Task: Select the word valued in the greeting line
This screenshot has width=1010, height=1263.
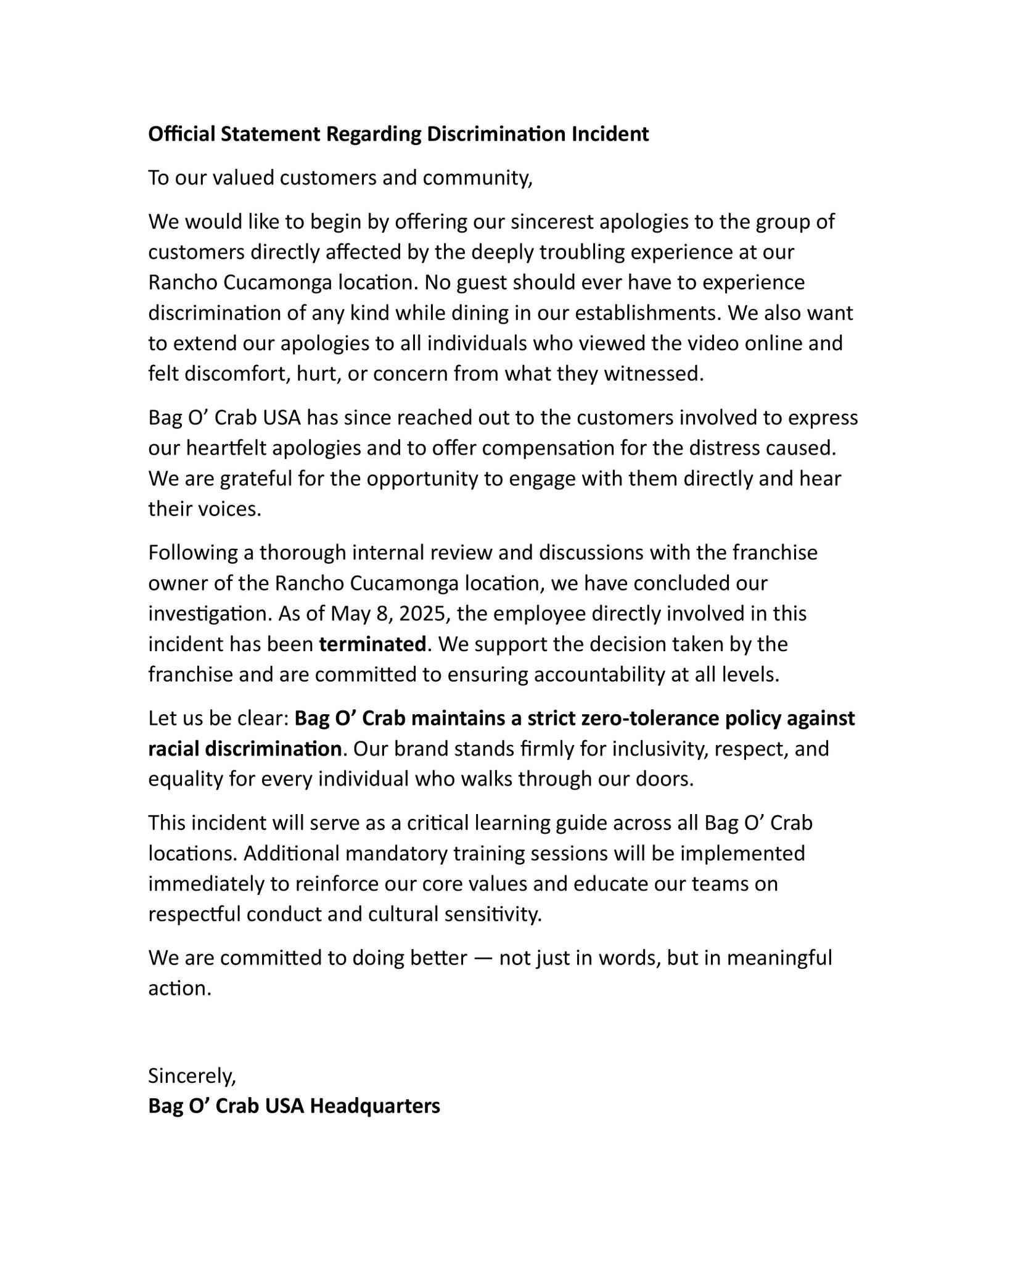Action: (244, 178)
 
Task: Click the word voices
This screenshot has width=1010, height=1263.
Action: (233, 509)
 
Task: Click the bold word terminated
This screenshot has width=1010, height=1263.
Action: (372, 644)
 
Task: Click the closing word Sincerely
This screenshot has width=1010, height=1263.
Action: (192, 1076)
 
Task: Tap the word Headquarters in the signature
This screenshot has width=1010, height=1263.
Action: (375, 1106)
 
